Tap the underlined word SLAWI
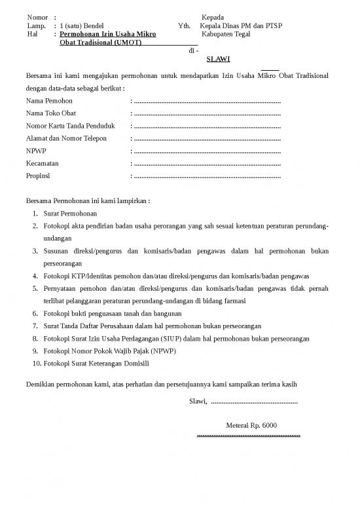[x=218, y=58]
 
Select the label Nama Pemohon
[x=49, y=101]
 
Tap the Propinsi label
[x=38, y=176]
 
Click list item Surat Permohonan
[x=70, y=214]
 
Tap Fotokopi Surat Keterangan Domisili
[x=96, y=364]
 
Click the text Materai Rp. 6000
[x=251, y=426]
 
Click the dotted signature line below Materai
[x=248, y=434]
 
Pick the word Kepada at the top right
[x=213, y=17]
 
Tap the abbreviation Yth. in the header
[x=184, y=26]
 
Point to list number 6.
[x=35, y=314]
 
